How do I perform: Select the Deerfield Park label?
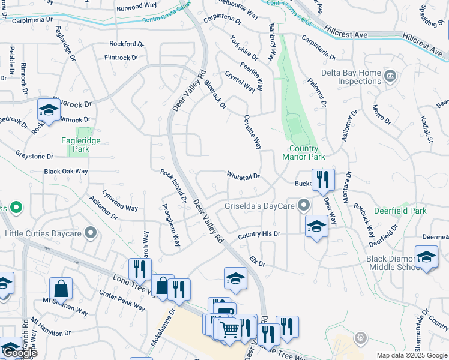pos(400,211)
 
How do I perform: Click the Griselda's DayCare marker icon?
pos(304,205)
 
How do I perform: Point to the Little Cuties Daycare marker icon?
pos(91,233)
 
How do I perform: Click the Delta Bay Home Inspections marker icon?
pos(390,76)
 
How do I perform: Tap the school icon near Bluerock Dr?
pos(48,110)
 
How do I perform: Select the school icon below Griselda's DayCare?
pos(316,226)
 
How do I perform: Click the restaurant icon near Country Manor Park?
pos(323,178)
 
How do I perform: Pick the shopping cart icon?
pos(229,328)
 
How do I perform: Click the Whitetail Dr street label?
pos(243,176)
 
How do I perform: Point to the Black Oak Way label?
pos(66,171)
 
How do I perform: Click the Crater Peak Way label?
pos(122,301)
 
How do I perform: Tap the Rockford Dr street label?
pos(127,44)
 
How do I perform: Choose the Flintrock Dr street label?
pos(121,58)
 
